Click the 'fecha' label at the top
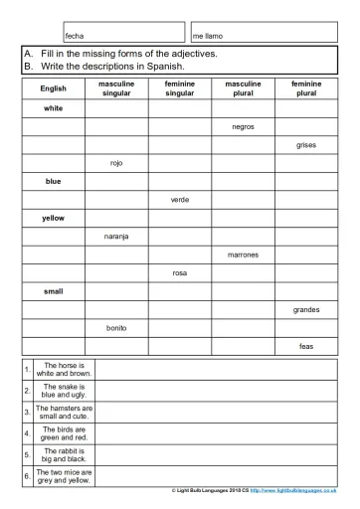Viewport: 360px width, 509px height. coord(74,35)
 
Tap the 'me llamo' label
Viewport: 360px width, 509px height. coord(208,35)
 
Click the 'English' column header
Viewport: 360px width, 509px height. coord(53,88)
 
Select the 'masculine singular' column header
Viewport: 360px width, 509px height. coord(116,88)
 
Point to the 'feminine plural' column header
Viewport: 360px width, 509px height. coord(306,88)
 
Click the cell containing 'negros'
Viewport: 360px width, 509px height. coord(243,126)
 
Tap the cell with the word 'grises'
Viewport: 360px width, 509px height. coord(306,144)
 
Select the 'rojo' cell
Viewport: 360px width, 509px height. coord(116,163)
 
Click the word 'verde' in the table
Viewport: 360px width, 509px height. coord(180,199)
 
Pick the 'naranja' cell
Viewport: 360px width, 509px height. coord(116,236)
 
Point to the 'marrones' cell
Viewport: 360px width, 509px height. coord(243,254)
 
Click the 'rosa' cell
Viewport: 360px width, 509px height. coord(180,272)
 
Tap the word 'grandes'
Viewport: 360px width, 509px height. coord(306,309)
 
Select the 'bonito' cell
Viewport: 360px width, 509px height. coord(116,327)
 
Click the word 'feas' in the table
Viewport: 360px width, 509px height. coord(306,346)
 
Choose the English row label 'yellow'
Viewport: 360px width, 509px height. coord(53,218)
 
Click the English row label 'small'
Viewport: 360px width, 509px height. coord(53,291)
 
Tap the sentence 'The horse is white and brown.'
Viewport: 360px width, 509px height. coord(64,370)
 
